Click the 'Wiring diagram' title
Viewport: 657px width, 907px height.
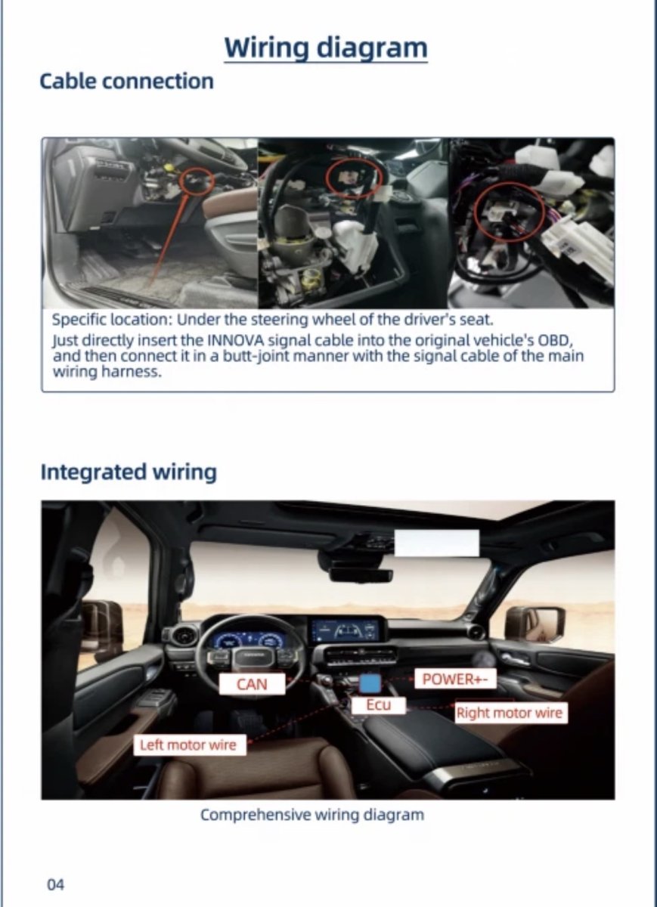[x=326, y=48]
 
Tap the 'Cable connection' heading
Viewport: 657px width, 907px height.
[x=126, y=81]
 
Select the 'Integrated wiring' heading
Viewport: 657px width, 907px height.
[x=129, y=472]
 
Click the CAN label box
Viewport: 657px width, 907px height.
[x=252, y=684]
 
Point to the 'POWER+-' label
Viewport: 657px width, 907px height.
[x=455, y=679]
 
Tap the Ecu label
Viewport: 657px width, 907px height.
[x=378, y=705]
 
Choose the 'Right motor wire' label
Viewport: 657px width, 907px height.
[x=510, y=713]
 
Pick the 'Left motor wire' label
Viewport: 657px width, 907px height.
[x=190, y=744]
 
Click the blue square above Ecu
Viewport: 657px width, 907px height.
[x=370, y=683]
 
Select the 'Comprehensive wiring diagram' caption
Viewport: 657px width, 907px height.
[x=312, y=814]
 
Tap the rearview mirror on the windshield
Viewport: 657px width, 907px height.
[x=361, y=574]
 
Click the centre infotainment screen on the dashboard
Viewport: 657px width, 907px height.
[x=348, y=630]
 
